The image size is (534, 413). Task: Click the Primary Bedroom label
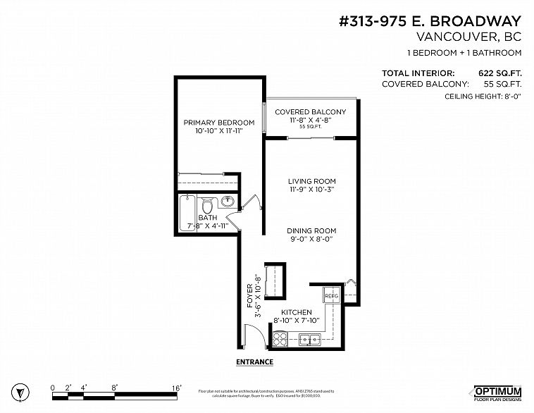(218, 123)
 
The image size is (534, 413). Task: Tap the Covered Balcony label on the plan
(310, 112)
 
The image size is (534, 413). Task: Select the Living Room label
(311, 181)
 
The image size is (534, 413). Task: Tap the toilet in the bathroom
(208, 207)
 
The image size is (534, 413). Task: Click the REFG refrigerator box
(332, 296)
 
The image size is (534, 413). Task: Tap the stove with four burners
(280, 339)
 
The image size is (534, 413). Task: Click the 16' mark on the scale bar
(176, 388)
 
